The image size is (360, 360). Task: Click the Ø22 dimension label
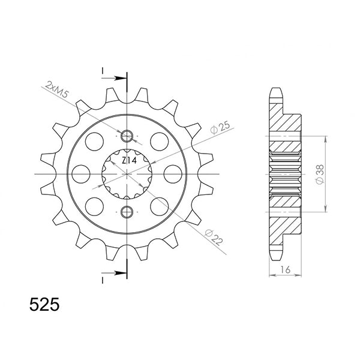[214, 236]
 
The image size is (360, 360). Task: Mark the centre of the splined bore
[127, 173]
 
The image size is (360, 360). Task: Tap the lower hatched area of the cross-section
[284, 225]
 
